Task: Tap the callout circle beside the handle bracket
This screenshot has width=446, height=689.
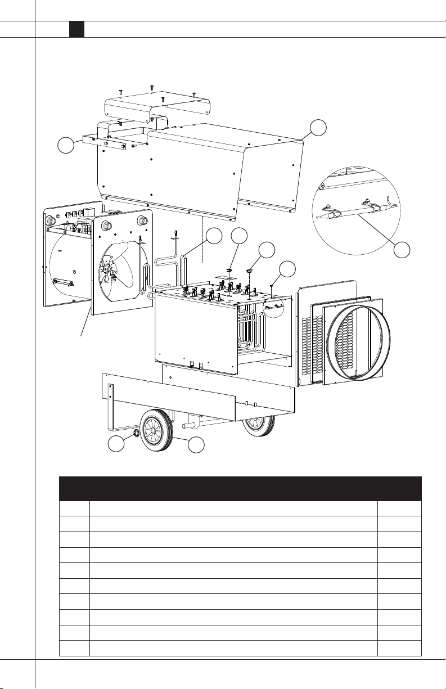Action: coord(66,146)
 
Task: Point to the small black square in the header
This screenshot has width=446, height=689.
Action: coord(76,30)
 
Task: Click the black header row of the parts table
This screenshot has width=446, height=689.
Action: coord(240,488)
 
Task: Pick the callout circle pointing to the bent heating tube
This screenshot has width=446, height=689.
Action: coord(213,236)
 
